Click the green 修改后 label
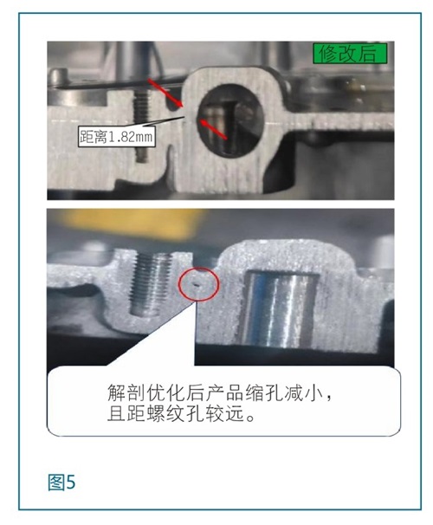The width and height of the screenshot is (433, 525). [x=350, y=54]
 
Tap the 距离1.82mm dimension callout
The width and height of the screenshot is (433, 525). [x=117, y=136]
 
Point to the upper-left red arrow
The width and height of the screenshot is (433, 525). [x=165, y=93]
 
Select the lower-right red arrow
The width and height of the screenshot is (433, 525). [x=214, y=128]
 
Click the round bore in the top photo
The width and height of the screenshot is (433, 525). [x=230, y=120]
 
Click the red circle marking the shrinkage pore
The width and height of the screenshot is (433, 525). [x=199, y=284]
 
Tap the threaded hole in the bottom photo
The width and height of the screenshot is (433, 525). [x=151, y=284]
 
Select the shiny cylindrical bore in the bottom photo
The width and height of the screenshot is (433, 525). [x=278, y=308]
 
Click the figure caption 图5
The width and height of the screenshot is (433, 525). [x=61, y=483]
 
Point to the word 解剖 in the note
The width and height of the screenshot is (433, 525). [x=126, y=392]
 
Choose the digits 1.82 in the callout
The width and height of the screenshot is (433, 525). [x=121, y=137]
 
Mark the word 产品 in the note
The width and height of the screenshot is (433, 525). [x=225, y=392]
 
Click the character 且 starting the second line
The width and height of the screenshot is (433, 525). [x=116, y=413]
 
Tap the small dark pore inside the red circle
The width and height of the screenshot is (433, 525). [x=196, y=285]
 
